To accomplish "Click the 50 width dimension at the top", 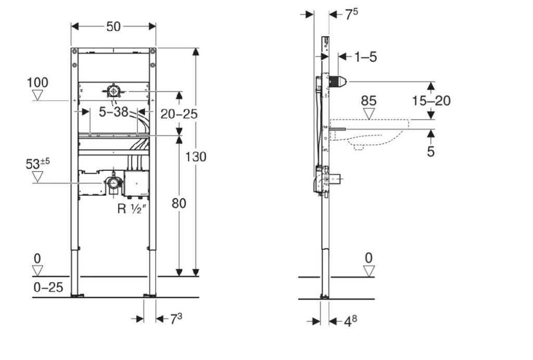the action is click(113, 27).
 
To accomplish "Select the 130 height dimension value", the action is click(196, 157).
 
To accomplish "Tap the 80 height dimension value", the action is click(179, 204).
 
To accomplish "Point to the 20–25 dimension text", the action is click(179, 114).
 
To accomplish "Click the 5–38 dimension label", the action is click(113, 111).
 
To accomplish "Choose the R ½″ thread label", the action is click(131, 208).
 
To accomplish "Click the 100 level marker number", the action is click(37, 82).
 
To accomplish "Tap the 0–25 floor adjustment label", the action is click(48, 288).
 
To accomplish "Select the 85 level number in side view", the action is click(369, 101).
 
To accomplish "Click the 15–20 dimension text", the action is click(432, 101).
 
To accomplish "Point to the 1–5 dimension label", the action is click(366, 57).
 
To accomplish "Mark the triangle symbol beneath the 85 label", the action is click(369, 114).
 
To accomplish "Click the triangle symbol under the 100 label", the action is click(37, 95).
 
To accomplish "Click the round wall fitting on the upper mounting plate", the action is click(112, 91).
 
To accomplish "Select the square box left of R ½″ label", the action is click(136, 184).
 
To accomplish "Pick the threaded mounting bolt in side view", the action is click(337, 129).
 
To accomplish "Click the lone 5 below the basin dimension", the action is click(430, 152).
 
